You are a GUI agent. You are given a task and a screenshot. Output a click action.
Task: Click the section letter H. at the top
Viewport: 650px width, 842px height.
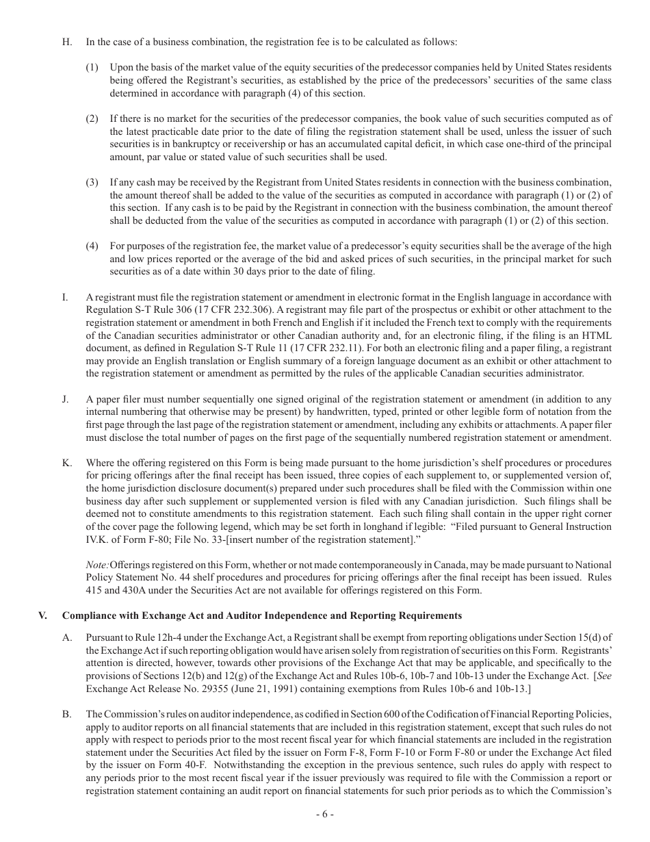pyautogui.click(x=67, y=42)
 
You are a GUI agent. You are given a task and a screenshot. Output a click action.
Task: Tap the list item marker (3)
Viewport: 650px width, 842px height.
pyautogui.click(x=92, y=183)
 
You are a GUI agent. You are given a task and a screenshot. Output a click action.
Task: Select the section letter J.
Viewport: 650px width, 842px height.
pyautogui.click(x=66, y=399)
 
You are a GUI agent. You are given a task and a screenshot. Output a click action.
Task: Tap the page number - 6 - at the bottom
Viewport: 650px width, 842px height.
pyautogui.click(x=325, y=815)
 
